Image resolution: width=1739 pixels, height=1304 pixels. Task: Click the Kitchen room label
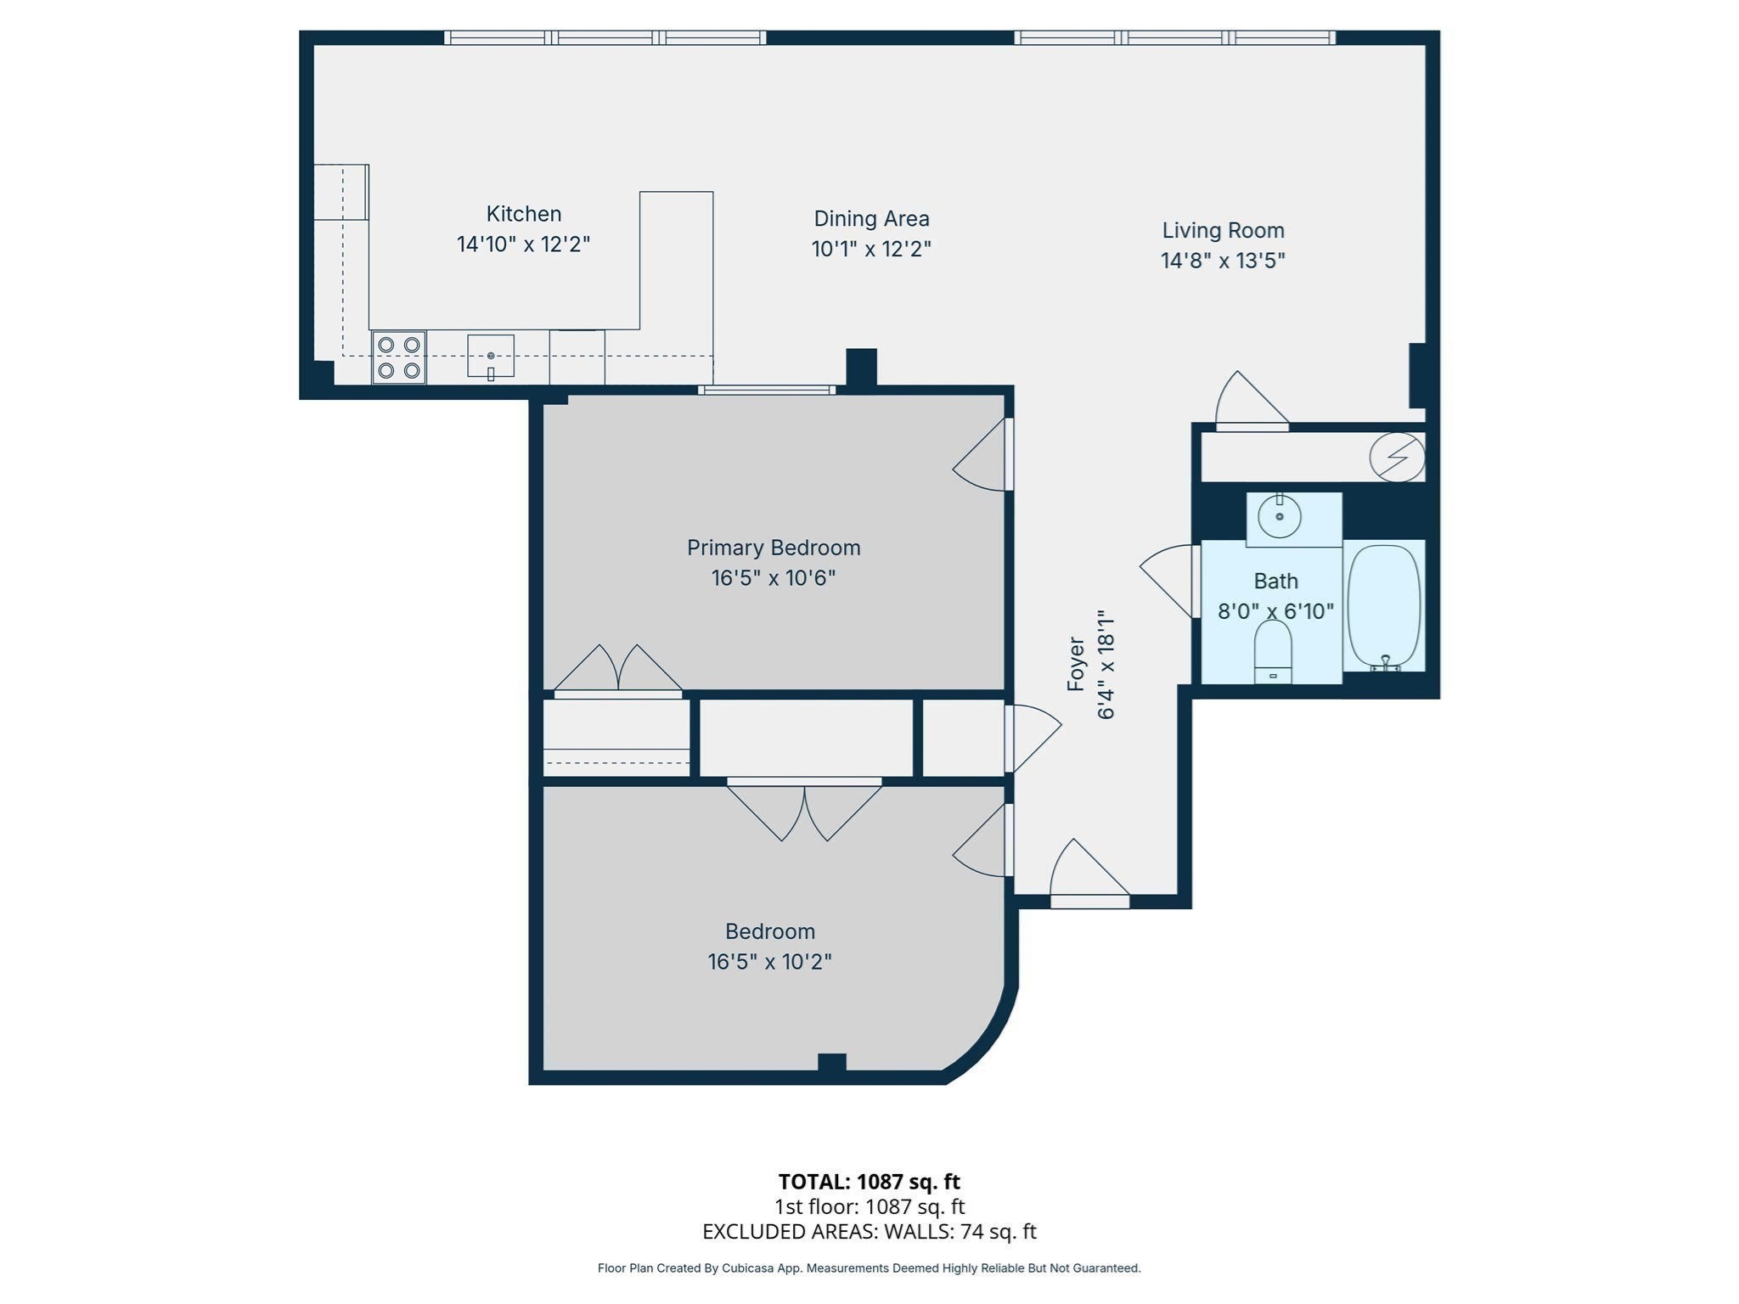(x=523, y=214)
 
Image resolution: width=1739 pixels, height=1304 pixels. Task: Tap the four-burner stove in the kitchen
(x=398, y=357)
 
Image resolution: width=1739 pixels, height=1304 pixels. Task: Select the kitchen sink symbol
(x=491, y=356)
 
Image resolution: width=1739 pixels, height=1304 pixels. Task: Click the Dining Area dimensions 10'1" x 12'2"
(x=871, y=250)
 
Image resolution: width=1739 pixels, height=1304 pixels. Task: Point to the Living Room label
(x=1223, y=230)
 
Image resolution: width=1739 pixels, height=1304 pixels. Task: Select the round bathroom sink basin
(x=1279, y=516)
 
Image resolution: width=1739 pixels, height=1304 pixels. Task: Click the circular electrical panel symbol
(x=1397, y=458)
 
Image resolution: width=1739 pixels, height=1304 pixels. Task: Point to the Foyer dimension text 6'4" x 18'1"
(x=1106, y=665)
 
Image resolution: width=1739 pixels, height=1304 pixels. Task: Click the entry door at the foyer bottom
(x=1089, y=874)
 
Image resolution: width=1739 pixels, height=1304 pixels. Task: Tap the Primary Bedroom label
(x=774, y=548)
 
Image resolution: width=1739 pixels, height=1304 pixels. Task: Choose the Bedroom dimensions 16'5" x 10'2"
(x=769, y=962)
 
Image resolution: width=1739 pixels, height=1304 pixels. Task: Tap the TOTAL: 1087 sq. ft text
(x=869, y=1182)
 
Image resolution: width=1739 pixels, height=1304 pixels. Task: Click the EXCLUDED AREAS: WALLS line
(x=869, y=1232)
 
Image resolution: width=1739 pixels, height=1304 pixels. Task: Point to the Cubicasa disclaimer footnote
(x=869, y=1268)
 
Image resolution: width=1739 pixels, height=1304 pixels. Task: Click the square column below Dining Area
(x=861, y=368)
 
